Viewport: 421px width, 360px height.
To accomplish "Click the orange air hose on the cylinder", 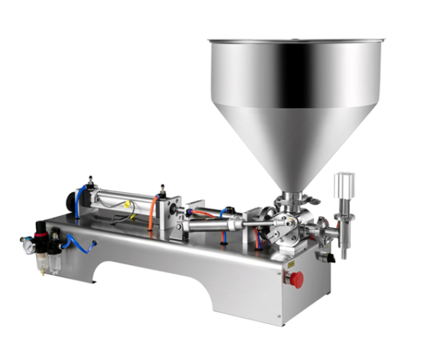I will pyautogui.click(x=154, y=210).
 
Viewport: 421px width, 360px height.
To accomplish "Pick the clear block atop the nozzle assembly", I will pyautogui.click(x=344, y=185).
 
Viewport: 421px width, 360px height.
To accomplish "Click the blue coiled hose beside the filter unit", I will pyautogui.click(x=77, y=244).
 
